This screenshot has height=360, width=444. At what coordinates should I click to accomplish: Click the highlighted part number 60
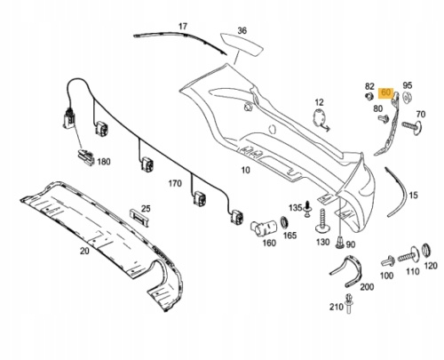[386, 92]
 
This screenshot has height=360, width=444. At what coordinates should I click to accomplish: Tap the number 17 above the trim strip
[183, 27]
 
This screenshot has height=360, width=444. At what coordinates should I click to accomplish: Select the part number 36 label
[242, 30]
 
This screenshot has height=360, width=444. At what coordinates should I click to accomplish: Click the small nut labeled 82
[369, 96]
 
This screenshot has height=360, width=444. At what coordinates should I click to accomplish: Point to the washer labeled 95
[407, 97]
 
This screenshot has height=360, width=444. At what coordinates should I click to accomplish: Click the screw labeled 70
[412, 126]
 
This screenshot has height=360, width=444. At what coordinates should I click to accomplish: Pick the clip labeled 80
[384, 118]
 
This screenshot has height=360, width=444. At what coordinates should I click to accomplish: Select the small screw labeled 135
[308, 209]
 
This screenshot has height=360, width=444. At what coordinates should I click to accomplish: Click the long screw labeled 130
[322, 220]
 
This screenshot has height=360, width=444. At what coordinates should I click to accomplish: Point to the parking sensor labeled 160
[263, 228]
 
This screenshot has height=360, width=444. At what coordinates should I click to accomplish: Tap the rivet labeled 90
[340, 242]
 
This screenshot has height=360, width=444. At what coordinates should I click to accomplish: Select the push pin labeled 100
[388, 261]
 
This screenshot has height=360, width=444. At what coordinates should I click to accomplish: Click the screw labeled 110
[408, 255]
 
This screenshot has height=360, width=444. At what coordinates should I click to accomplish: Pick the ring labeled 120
[425, 251]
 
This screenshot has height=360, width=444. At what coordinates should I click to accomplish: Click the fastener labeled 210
[349, 304]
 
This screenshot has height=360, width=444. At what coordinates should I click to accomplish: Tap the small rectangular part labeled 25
[139, 216]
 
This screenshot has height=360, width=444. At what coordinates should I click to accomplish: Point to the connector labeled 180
[86, 157]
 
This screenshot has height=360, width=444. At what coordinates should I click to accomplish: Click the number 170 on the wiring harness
[175, 184]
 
